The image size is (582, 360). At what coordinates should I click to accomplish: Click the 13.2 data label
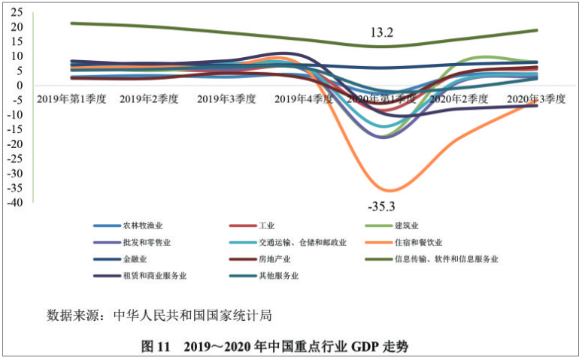(x=381, y=33)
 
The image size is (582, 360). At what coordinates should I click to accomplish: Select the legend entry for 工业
(x=265, y=225)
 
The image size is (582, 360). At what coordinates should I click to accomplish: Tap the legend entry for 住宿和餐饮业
(x=418, y=242)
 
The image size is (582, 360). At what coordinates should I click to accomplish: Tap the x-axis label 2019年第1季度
(x=70, y=98)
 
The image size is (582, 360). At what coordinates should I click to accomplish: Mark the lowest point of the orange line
(x=388, y=190)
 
